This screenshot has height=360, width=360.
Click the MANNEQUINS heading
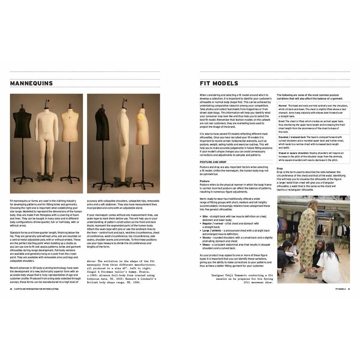pos(31,83)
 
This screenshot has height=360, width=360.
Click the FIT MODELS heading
pos(219,83)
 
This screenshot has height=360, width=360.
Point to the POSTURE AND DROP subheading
pos(213,162)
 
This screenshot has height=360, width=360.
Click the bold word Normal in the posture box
pos(282,106)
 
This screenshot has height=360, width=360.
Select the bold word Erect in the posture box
pos(281,121)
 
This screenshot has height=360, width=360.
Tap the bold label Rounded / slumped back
pos(292,137)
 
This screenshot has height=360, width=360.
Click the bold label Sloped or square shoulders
pos(293,153)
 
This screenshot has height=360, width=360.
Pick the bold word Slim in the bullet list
pos(205,216)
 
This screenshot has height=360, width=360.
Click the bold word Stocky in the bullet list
pos(206,238)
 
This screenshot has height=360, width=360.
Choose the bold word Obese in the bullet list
pos(206,245)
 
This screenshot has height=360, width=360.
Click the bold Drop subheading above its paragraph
pos(280,169)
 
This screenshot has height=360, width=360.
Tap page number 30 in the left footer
pos(11,289)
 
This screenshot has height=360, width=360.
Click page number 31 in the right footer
pos(349,289)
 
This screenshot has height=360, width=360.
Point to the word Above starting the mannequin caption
pos(91,261)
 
